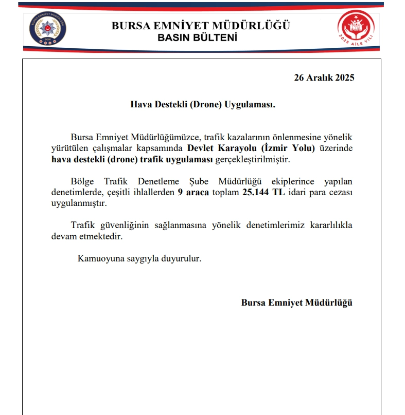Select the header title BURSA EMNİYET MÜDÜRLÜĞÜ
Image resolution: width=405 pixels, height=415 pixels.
[201, 25]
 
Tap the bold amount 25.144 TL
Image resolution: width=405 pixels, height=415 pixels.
[264, 193]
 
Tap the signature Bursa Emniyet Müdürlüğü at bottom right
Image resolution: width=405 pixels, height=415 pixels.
[297, 302]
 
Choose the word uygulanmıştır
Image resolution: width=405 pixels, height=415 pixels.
[78, 203]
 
